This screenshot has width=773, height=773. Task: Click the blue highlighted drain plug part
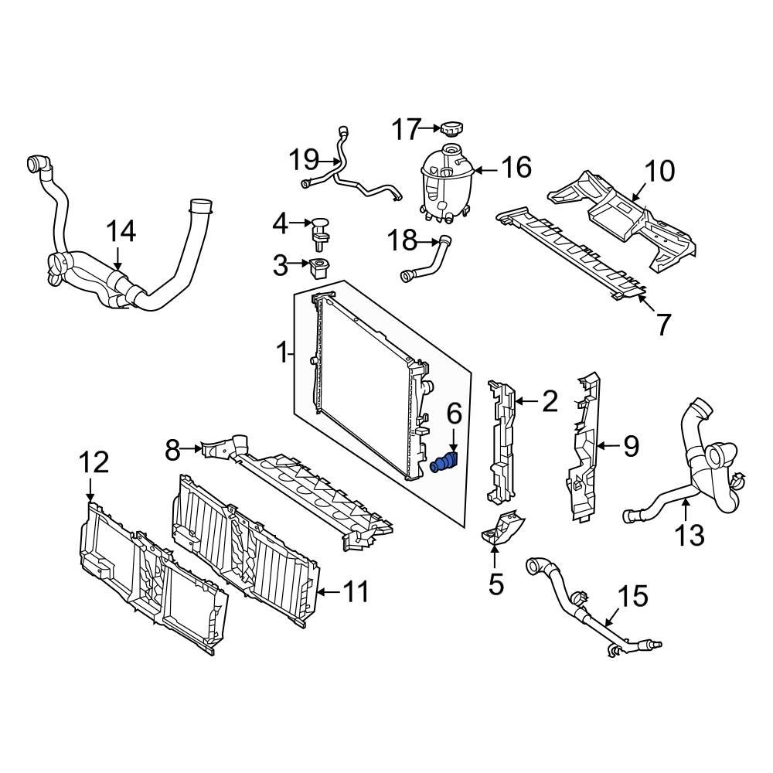pyautogui.click(x=444, y=463)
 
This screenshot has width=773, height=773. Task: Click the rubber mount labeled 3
pyautogui.click(x=318, y=269)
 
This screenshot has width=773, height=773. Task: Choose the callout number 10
pyautogui.click(x=659, y=171)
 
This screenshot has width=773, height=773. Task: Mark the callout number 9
pyautogui.click(x=631, y=445)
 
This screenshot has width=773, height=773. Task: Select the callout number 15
pyautogui.click(x=633, y=596)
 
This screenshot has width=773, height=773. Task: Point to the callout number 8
pyautogui.click(x=172, y=447)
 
